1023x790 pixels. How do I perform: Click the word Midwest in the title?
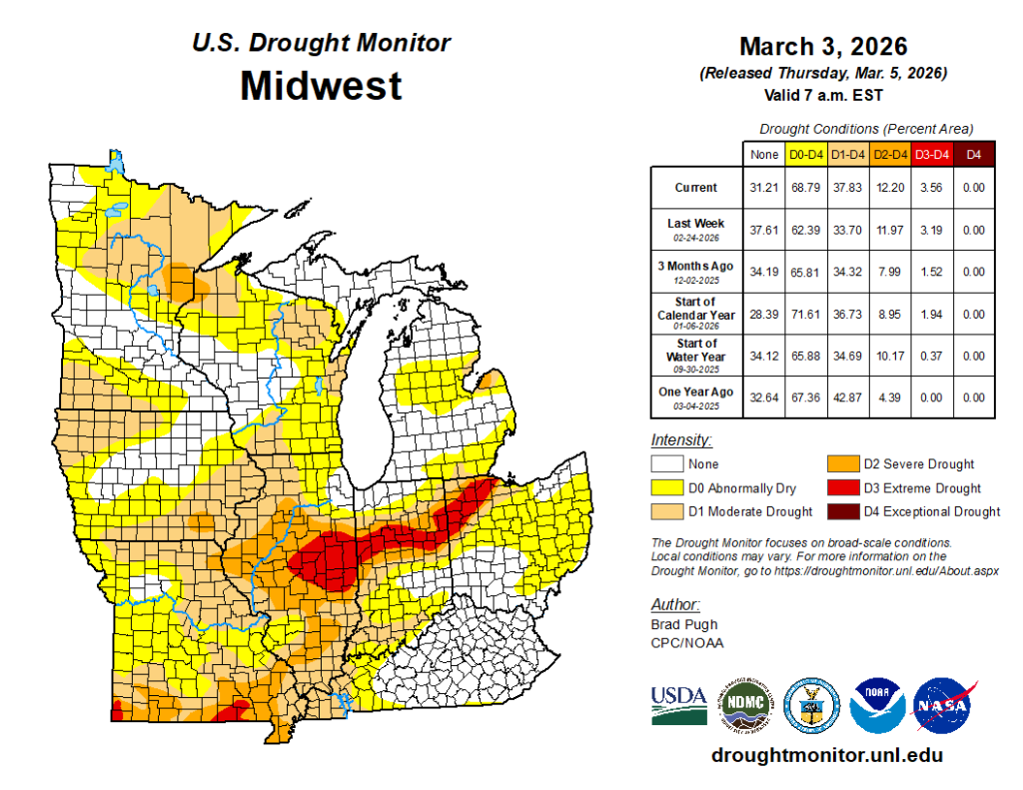point(321,86)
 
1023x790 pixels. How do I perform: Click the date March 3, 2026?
point(822,47)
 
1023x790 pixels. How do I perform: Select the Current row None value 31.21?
point(763,188)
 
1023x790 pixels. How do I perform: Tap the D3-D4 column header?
point(932,155)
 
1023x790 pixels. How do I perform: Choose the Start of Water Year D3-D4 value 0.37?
point(932,356)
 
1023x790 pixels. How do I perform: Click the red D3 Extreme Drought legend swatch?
point(842,488)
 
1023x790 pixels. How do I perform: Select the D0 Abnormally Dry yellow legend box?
point(666,488)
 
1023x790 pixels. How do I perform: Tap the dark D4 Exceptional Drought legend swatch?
point(842,511)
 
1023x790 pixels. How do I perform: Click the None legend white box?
point(666,464)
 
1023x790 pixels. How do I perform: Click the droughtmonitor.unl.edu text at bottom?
point(826,756)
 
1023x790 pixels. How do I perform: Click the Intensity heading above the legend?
point(681,440)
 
